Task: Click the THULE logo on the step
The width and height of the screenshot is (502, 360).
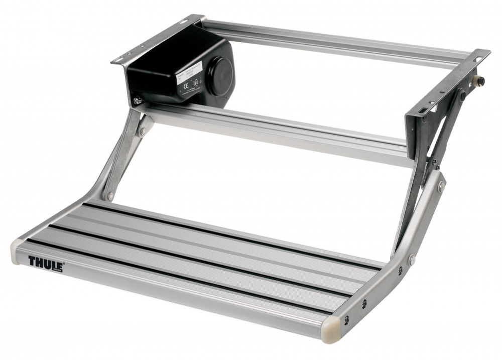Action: pos(45,262)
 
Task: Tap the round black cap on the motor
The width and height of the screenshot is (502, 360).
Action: pos(220,76)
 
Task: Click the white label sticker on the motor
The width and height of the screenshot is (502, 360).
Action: pos(190,79)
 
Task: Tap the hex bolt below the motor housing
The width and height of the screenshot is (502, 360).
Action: pos(136,100)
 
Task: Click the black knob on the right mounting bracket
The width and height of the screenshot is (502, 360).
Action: pos(480,81)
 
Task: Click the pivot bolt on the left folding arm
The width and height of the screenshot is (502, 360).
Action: pos(144,132)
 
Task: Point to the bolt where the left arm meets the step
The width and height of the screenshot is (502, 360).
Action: pos(110,195)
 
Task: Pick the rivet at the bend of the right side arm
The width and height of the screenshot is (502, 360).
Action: pos(411,261)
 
